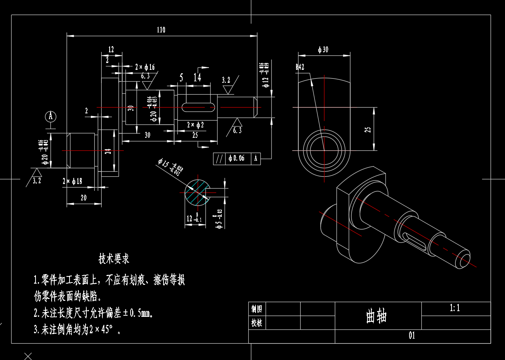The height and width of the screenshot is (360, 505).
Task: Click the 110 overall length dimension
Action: click(161, 30)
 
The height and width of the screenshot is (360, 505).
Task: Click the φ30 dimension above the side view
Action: click(323, 50)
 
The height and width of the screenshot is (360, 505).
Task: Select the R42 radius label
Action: click(300, 67)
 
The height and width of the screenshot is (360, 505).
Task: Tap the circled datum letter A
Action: click(50, 116)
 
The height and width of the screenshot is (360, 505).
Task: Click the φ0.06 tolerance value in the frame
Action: click(237, 158)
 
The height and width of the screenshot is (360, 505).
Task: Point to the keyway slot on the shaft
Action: click(198, 108)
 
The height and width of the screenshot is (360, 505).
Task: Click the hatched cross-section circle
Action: click(197, 192)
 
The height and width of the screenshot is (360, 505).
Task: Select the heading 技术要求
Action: click(114, 259)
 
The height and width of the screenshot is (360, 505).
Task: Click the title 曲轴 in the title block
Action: click(376, 316)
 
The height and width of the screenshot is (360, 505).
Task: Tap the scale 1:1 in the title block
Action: click(455, 308)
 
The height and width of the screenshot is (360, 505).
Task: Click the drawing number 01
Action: click(412, 336)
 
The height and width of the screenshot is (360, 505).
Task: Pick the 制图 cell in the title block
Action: click(257, 309)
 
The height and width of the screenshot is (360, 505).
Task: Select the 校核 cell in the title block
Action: click(257, 323)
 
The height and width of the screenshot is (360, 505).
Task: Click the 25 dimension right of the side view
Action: click(368, 130)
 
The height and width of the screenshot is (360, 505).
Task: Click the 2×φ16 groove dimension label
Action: click(145, 67)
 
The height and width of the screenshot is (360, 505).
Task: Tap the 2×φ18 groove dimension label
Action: click(72, 181)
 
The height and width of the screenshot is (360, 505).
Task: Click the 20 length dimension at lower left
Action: click(83, 198)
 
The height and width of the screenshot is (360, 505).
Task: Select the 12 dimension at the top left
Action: click(111, 50)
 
